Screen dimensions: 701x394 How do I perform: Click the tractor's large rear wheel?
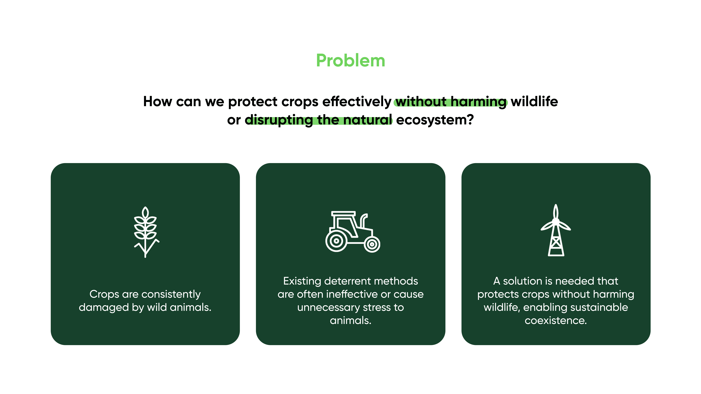[336, 241]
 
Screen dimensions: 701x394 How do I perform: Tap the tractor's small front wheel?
[372, 244]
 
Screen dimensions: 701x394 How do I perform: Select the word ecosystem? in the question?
[435, 120]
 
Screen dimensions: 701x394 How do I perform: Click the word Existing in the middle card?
[302, 281]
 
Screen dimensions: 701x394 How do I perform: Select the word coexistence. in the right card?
[556, 321]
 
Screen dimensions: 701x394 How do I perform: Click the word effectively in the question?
[357, 102]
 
